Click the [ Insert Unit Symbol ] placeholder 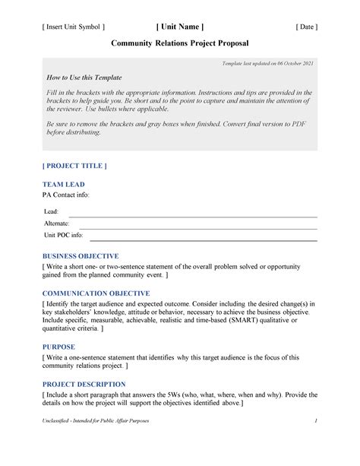click(x=73, y=27)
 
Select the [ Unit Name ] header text click(x=179, y=27)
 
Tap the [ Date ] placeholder click(x=306, y=27)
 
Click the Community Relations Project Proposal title click(x=179, y=45)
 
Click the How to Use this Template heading click(x=84, y=78)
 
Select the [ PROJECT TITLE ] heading click(x=74, y=165)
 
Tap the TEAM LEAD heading click(x=63, y=184)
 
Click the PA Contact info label click(x=65, y=195)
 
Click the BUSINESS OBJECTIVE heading click(x=81, y=256)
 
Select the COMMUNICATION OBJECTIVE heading click(x=95, y=293)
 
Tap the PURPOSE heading click(x=58, y=347)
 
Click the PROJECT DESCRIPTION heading click(x=84, y=384)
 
